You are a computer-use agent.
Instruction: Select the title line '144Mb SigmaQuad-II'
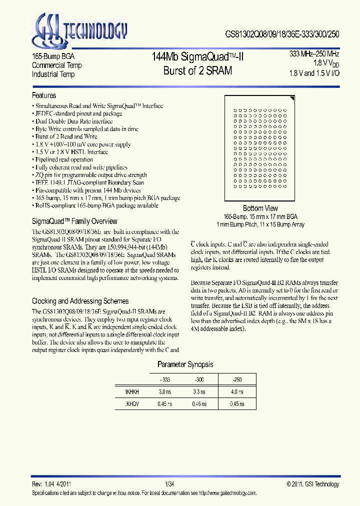point(197,56)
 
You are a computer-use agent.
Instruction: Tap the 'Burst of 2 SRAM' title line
point(197,70)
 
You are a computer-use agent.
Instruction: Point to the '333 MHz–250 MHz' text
point(314,53)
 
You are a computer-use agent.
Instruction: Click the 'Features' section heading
point(44,95)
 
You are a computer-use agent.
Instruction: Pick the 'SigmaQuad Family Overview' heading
point(74,221)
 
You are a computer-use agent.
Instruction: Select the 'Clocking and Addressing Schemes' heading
point(80,301)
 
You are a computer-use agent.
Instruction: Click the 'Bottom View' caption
point(260,208)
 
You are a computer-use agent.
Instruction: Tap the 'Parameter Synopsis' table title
point(185,364)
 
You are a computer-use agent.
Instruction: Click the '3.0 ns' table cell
point(165,392)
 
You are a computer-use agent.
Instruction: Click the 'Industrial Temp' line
point(53,74)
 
